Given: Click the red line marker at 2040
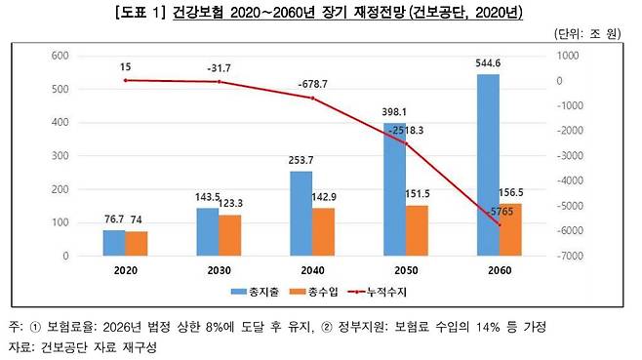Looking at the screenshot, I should pyautogui.click(x=313, y=99).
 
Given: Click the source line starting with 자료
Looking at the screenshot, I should pyautogui.click(x=82, y=346).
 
